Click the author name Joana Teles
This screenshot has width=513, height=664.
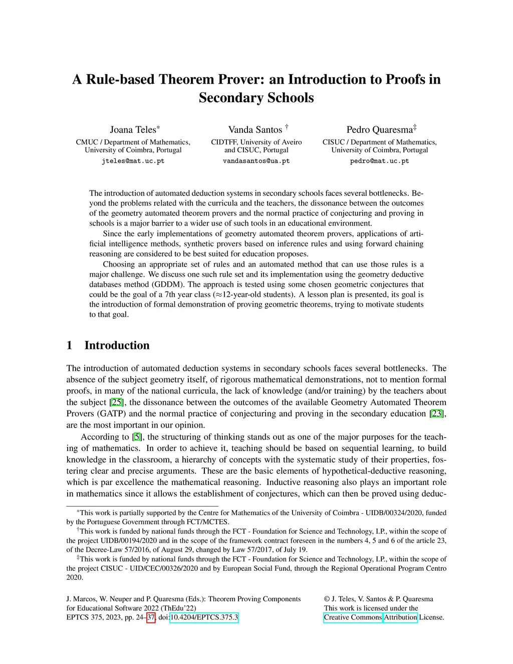133,130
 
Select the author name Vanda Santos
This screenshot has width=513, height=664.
255,130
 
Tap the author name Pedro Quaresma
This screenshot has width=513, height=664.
379,130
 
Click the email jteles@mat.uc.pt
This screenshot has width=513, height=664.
133,161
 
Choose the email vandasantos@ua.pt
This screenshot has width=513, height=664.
256,161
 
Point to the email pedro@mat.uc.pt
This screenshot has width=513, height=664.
379,161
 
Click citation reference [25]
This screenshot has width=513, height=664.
116,402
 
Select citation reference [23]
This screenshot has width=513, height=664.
437,414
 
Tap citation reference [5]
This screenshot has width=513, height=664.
137,437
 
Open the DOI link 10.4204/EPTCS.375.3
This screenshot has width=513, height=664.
204,617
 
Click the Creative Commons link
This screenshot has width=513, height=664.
353,617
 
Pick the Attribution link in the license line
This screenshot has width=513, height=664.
400,617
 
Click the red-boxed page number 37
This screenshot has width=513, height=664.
151,617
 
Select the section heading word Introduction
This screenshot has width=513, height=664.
117,345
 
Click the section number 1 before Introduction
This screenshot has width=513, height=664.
70,345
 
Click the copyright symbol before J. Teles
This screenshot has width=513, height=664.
327,599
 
